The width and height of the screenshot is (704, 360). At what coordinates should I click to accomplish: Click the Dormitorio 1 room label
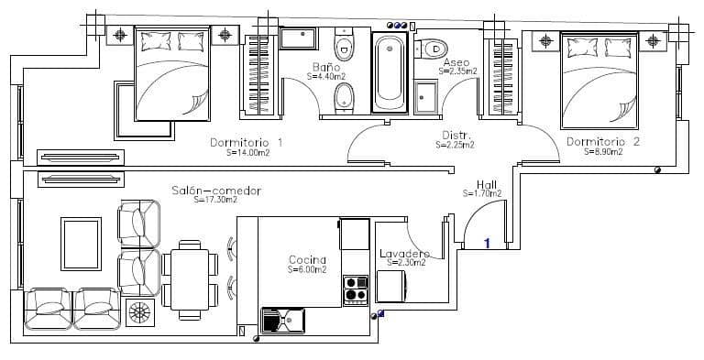[x=246, y=142]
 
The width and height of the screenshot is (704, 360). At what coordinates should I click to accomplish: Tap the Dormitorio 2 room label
[x=602, y=142]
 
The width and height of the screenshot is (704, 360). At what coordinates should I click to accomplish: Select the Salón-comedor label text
[x=216, y=191]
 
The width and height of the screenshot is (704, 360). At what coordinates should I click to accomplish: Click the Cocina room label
[x=307, y=260]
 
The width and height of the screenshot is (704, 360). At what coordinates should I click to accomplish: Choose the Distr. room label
[x=455, y=135]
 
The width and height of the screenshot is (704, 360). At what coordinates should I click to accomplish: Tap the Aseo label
[x=456, y=61]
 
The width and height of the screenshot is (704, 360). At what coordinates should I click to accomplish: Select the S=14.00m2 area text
[x=246, y=153]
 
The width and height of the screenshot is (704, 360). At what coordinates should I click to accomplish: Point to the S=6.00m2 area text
[x=307, y=270]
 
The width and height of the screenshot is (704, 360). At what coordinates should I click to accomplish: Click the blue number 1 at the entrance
[x=488, y=243]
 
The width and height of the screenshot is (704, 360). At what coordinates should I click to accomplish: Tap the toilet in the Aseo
[x=435, y=48]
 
